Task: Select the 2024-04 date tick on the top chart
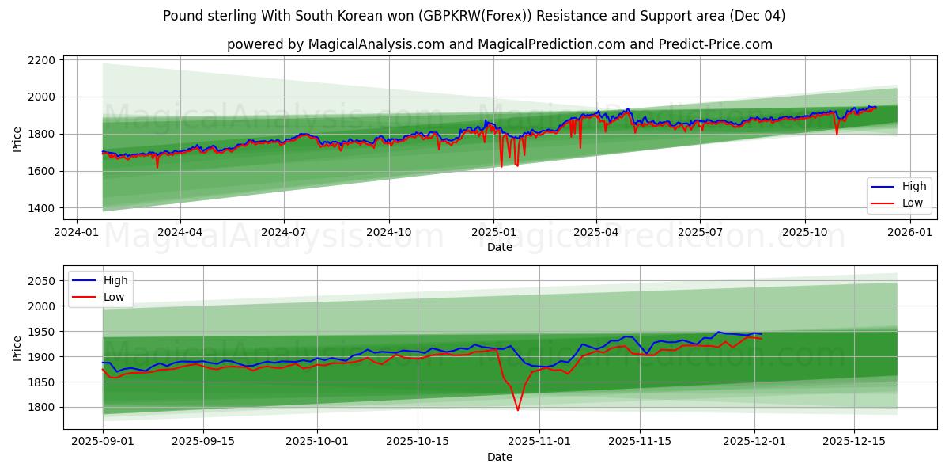(x=180, y=232)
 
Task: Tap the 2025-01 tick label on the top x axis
(x=493, y=232)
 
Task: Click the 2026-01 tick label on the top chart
(x=909, y=232)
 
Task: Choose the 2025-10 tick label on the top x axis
(x=805, y=232)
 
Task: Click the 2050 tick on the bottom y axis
(x=41, y=281)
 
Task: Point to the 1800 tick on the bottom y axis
(x=41, y=407)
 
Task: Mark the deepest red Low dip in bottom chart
(x=518, y=409)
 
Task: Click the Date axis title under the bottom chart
(x=499, y=457)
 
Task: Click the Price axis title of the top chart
(x=17, y=139)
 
